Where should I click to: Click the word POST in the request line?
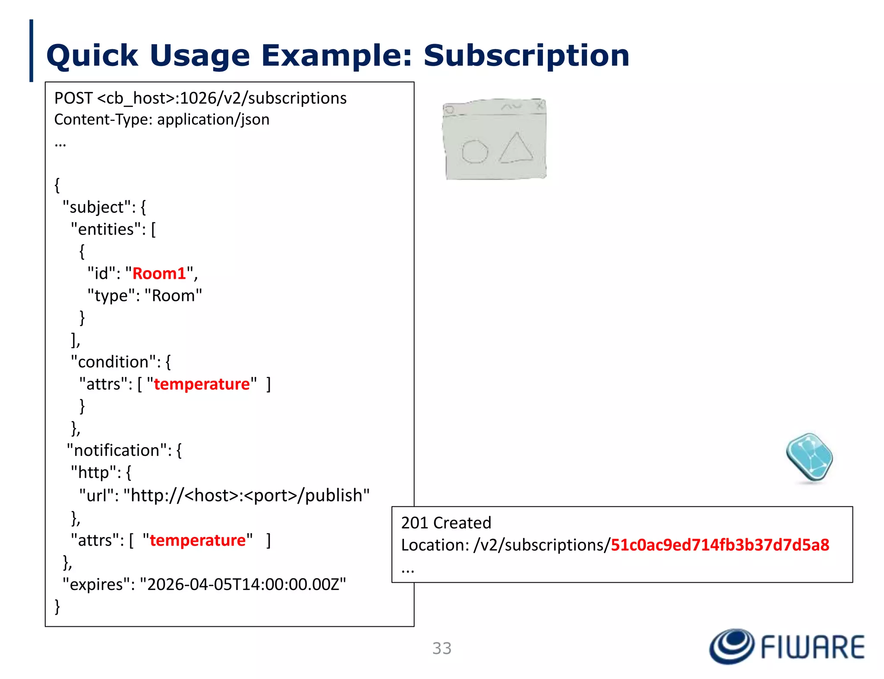(73, 98)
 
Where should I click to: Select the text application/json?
(213, 120)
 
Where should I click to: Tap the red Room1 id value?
(159, 274)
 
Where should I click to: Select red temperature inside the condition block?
(202, 384)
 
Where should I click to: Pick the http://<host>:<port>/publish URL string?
(246, 496)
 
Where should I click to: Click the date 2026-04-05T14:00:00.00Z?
(243, 584)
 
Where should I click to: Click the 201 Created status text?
(446, 523)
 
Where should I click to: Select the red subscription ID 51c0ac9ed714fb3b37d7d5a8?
(720, 545)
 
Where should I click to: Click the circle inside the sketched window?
(474, 152)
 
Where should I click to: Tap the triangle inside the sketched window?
(516, 149)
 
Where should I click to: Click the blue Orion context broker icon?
(809, 458)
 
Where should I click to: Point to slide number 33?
(442, 648)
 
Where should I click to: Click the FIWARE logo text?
(812, 647)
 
